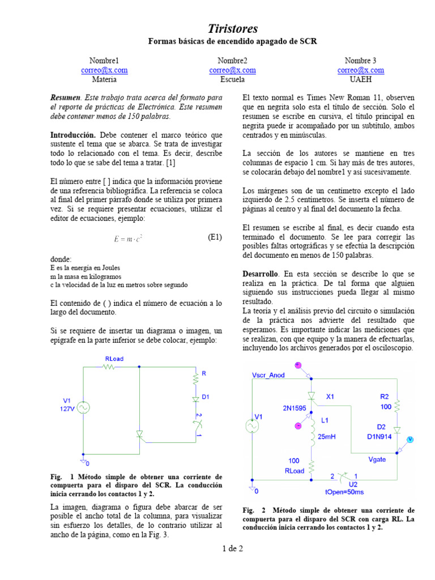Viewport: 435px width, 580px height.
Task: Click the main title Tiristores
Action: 232,28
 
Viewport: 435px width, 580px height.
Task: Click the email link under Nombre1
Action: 104,70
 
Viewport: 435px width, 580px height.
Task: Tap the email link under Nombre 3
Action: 361,70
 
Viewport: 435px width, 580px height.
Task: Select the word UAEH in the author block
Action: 361,80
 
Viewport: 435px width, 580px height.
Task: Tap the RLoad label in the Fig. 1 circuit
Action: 114,359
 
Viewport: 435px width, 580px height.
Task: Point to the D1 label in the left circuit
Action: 205,398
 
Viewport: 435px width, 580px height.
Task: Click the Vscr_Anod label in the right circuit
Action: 268,375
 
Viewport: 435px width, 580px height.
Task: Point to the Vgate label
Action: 377,459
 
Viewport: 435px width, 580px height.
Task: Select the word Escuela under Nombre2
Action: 232,80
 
